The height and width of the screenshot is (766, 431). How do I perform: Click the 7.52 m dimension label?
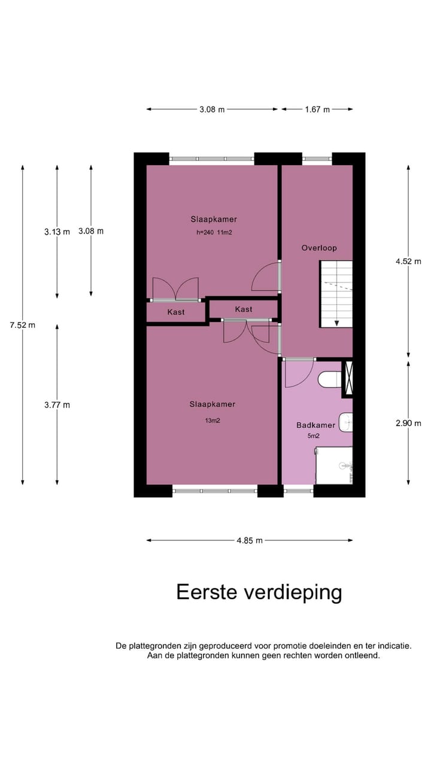(x=23, y=326)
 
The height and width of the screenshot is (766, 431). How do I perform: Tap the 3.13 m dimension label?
(x=57, y=232)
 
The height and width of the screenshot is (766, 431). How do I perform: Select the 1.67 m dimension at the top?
(x=317, y=110)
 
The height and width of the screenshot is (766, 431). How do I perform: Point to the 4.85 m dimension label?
(x=250, y=540)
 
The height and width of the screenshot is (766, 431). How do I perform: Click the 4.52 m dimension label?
(x=408, y=261)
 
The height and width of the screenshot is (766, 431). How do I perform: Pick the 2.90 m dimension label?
(x=408, y=422)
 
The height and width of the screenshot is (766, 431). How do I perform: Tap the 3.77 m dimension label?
(x=57, y=405)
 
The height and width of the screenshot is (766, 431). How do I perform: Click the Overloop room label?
(x=319, y=248)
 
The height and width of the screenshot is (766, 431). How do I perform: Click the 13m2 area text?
(x=212, y=421)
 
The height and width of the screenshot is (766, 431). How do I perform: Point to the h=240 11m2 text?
(x=214, y=232)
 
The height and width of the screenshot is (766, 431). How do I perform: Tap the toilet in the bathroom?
(x=329, y=379)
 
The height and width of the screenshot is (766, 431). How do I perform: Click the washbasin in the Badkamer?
(x=345, y=422)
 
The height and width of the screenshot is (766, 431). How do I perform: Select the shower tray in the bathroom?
(x=334, y=466)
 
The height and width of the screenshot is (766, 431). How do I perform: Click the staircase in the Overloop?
(x=336, y=293)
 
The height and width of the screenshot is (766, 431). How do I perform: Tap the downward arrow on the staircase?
(x=337, y=322)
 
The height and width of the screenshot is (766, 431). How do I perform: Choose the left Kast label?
(x=176, y=312)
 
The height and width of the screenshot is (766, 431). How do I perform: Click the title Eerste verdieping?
(x=259, y=592)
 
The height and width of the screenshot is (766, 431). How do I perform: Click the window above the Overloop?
(x=317, y=159)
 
